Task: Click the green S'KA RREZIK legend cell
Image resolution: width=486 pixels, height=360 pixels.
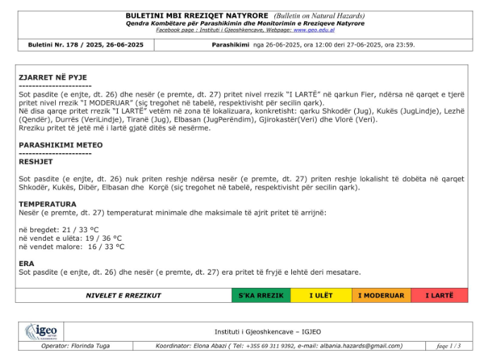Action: click(x=260, y=296)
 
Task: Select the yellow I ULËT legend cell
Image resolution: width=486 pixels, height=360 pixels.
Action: click(x=321, y=296)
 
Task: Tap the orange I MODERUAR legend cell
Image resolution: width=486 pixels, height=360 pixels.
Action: click(x=381, y=296)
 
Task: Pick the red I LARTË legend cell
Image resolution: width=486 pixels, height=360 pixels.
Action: click(x=439, y=296)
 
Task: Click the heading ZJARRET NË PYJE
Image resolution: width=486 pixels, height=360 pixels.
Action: click(x=53, y=77)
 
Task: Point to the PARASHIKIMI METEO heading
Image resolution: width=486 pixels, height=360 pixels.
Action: click(x=61, y=145)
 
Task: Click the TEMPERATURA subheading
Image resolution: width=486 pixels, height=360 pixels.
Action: click(x=47, y=204)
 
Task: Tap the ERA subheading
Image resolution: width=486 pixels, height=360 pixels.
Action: click(x=26, y=263)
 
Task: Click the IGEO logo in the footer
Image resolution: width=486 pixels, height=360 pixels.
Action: click(x=42, y=331)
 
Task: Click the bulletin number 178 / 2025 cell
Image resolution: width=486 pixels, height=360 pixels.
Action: click(x=85, y=44)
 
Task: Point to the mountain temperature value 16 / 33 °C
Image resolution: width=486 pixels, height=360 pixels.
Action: click(x=106, y=247)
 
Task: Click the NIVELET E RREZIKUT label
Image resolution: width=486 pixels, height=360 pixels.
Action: click(x=123, y=296)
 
